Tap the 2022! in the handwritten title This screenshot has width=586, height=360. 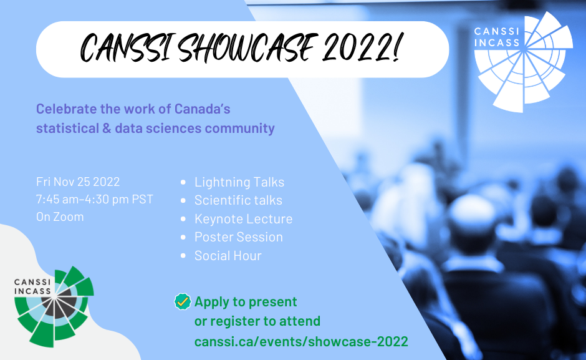362,47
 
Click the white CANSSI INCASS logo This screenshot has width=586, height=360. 523,62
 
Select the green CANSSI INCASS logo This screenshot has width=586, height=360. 54,306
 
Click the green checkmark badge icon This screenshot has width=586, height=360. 183,301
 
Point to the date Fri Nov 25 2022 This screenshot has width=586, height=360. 78,182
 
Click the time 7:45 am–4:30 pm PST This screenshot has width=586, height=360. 95,199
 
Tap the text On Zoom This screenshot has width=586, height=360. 60,216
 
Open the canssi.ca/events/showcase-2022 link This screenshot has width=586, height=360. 301,341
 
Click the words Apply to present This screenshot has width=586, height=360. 246,301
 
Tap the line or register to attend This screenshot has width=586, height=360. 257,321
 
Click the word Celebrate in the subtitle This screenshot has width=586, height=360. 66,109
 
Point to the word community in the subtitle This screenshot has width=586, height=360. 239,129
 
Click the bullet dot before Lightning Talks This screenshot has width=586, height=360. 183,182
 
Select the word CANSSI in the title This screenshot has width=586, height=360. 127,48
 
